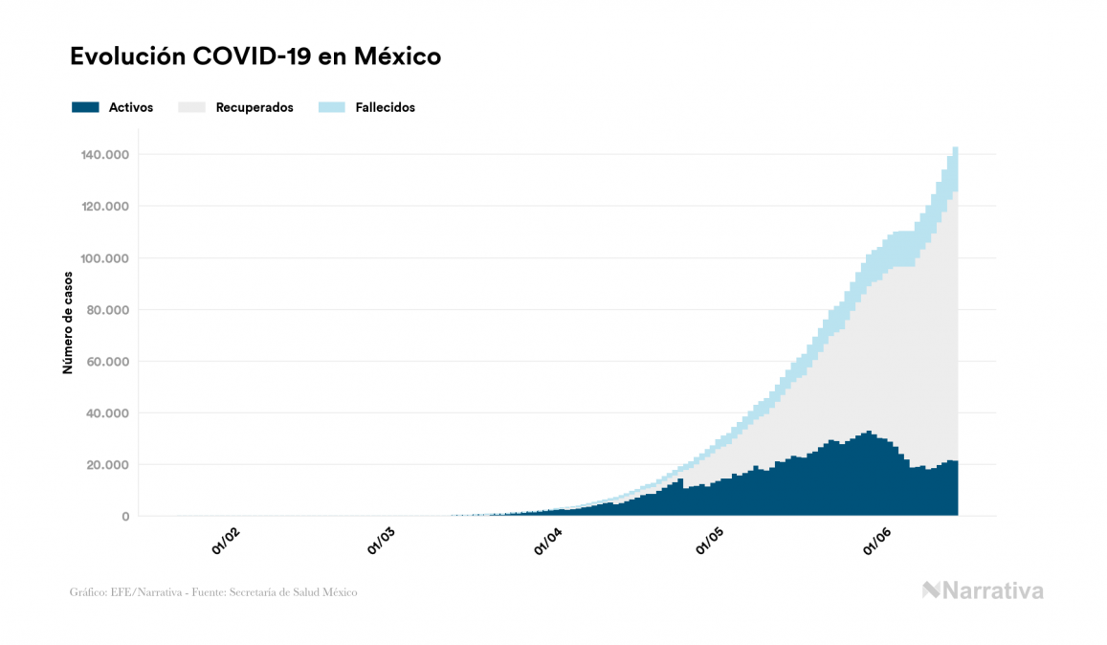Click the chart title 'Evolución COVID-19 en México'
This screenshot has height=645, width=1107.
255,56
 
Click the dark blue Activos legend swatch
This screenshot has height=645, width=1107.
85,107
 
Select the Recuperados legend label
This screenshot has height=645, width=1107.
255,107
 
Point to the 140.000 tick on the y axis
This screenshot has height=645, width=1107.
106,155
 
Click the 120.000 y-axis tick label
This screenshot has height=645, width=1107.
106,207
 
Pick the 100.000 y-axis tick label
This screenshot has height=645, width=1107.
106,258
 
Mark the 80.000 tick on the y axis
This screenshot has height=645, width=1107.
109,310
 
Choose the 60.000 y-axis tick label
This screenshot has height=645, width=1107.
109,362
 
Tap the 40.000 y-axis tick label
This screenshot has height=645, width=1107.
109,413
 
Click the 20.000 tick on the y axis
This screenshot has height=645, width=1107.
109,465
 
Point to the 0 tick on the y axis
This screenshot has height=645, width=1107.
125,517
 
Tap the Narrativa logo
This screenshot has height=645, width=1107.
983,590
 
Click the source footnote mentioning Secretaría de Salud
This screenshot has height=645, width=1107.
213,592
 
